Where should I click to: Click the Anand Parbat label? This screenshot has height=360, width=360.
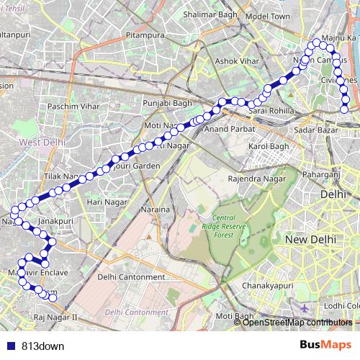click(x=226, y=130)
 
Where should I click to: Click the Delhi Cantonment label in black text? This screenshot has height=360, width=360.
click(x=131, y=277)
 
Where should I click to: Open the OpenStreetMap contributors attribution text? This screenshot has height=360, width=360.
click(x=296, y=322)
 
